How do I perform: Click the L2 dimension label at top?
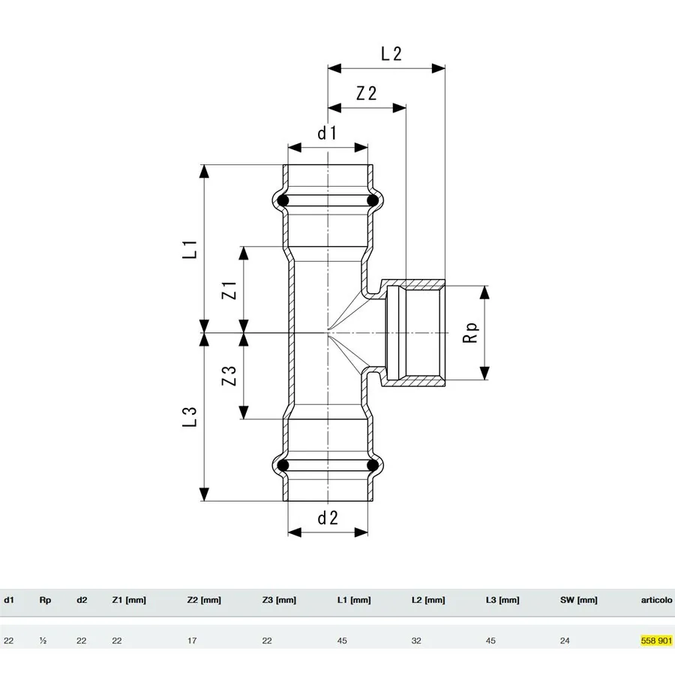391,53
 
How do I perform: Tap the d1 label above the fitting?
327,133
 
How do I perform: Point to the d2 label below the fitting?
328,517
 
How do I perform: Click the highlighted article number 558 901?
656,640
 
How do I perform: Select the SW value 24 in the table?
565,640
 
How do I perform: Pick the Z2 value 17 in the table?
192,640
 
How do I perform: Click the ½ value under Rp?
43,640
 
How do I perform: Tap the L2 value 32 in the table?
416,640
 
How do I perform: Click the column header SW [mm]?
578,600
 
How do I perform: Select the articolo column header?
656,600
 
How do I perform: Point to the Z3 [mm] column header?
279,600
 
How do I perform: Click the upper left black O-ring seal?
283,201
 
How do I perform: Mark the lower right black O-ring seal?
373,466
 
